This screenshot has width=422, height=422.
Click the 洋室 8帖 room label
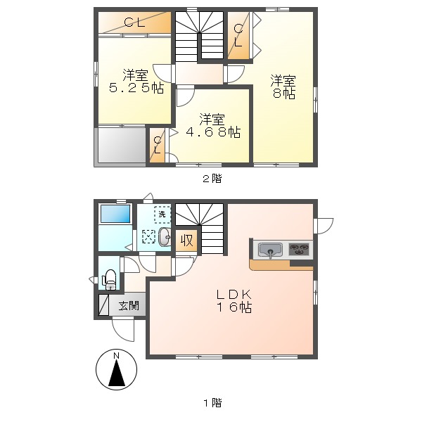pos(284,87)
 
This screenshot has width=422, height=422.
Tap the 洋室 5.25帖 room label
pos(136,82)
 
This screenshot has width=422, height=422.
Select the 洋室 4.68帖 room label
pos(210,124)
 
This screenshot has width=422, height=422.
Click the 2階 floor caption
pos(212,179)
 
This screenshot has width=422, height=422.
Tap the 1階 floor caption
pos(212,403)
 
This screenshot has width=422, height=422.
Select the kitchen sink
pos(270,249)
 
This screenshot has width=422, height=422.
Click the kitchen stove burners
pos(300,249)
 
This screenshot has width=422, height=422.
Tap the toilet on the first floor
pos(110,279)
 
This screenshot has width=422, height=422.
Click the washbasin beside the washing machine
pos(164,238)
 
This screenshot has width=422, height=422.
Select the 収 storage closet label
pos(186,240)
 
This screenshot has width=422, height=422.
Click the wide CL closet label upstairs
pos(134,23)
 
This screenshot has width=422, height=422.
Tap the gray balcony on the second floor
pos(120,146)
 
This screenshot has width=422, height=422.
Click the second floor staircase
pos(200,35)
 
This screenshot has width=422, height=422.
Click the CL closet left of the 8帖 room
pos(238,35)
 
